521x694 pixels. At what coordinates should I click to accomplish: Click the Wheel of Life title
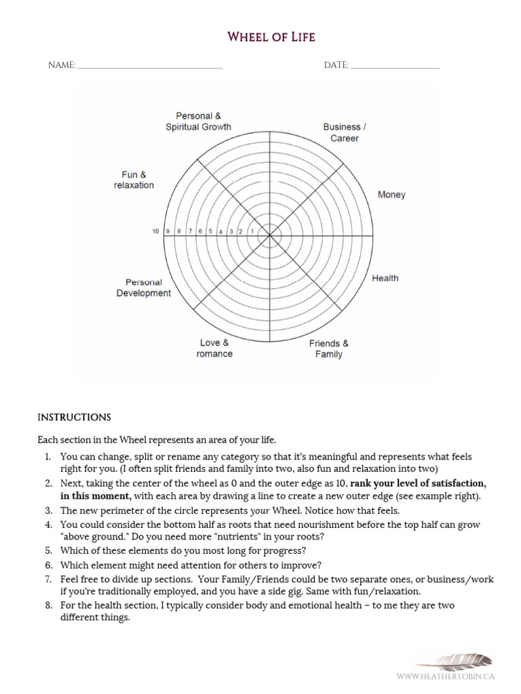coord(271,37)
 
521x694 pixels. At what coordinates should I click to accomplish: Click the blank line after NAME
coord(150,67)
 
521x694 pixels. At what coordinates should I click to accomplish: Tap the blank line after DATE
coord(395,67)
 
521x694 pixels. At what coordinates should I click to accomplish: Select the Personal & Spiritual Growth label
coord(198,121)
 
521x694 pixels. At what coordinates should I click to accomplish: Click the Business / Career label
coord(345,132)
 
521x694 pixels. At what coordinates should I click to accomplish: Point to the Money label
coord(391,195)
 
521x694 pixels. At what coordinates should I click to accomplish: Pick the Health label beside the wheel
coord(385,278)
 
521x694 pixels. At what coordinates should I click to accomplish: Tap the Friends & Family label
coord(328,348)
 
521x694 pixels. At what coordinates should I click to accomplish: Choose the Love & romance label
coord(214,348)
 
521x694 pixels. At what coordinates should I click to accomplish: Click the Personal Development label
coord(143,287)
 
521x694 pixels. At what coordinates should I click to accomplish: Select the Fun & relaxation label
coord(134,180)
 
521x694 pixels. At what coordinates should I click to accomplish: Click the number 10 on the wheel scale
coord(155,232)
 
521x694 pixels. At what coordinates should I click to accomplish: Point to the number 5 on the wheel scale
coord(211,232)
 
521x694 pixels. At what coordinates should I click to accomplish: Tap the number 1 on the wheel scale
coord(252,232)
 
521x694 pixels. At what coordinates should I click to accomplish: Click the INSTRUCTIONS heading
coord(74,417)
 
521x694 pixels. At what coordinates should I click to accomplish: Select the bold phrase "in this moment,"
coord(96,495)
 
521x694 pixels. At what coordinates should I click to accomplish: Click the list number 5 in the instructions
coord(49,550)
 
